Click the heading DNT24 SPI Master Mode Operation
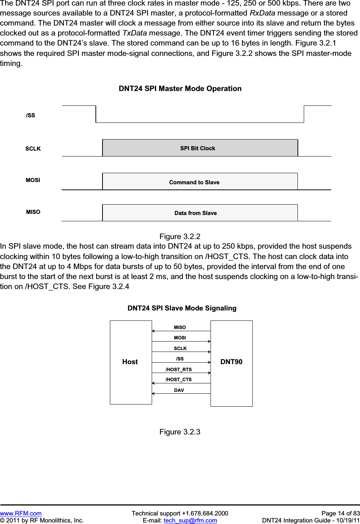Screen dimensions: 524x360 [x=180, y=89]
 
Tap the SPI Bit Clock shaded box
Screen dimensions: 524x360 [x=200, y=148]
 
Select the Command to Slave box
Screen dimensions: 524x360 [x=200, y=182]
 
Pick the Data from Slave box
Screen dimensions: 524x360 [x=200, y=213]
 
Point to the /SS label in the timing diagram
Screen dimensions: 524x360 [x=31, y=115]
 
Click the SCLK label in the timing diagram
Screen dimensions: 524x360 [x=33, y=149]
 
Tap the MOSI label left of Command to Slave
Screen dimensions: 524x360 [x=33, y=180]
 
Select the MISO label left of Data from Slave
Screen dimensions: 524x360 [x=33, y=212]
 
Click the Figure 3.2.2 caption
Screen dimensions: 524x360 [x=180, y=236]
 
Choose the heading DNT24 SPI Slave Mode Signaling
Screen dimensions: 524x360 [x=182, y=308]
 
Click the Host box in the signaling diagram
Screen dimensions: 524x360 [x=131, y=362]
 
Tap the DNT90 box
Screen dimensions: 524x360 [x=232, y=362]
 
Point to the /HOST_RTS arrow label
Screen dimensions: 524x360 [x=179, y=370]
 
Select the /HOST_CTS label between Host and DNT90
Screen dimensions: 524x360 [x=179, y=380]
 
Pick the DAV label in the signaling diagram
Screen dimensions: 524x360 [x=179, y=390]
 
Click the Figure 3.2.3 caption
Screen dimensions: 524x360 [x=180, y=432]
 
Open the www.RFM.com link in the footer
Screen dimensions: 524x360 [x=21, y=513]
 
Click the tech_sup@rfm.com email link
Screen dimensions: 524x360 [x=190, y=520]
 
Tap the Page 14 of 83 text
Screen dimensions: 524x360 [x=340, y=513]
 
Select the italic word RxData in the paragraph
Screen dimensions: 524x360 [x=262, y=13]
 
